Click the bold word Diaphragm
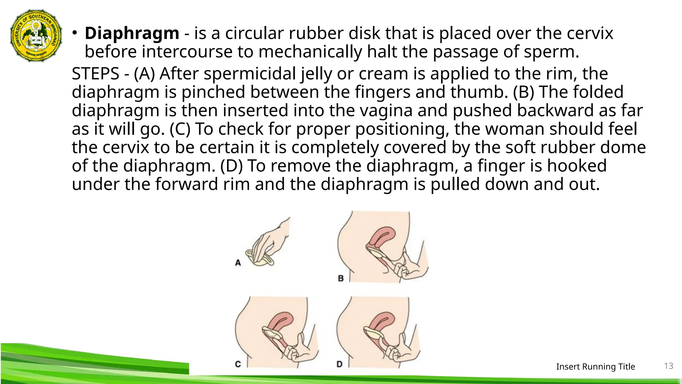click(132, 33)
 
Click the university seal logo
click(36, 35)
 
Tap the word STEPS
click(96, 74)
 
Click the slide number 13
click(669, 366)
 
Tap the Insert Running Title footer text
click(595, 367)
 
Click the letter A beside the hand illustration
click(238, 263)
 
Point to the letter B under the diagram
click(341, 278)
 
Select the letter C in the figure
click(238, 364)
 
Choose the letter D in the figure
click(339, 364)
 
